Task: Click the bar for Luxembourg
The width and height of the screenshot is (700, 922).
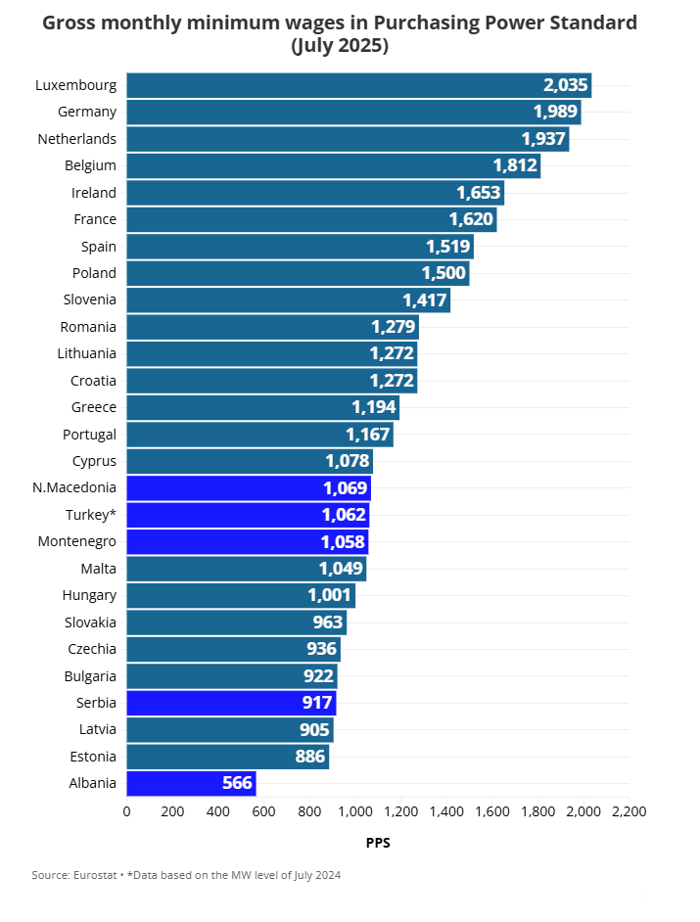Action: [x=358, y=85]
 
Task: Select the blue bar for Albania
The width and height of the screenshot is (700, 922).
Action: [x=191, y=783]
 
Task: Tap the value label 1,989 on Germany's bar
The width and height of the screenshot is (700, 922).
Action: [x=554, y=112]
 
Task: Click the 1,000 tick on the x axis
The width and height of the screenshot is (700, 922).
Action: [x=355, y=811]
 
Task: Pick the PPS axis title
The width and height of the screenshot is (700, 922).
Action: [x=378, y=843]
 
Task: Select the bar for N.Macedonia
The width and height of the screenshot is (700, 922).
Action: [x=249, y=487]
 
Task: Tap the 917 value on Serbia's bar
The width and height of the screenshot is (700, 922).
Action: [x=316, y=702]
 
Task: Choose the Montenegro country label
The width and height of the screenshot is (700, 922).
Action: [x=77, y=541]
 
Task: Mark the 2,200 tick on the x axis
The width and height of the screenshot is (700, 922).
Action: [x=629, y=811]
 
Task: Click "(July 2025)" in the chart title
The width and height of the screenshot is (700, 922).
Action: [x=340, y=46]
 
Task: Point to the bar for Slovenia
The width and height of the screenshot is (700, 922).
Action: [x=288, y=300]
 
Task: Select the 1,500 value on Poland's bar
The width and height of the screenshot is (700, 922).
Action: [x=443, y=273]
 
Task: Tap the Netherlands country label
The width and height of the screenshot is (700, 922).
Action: [x=77, y=139]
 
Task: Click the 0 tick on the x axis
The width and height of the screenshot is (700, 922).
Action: [x=126, y=811]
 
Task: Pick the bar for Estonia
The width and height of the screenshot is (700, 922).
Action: [x=227, y=756]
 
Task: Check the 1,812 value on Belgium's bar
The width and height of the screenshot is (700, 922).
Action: [x=515, y=165]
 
